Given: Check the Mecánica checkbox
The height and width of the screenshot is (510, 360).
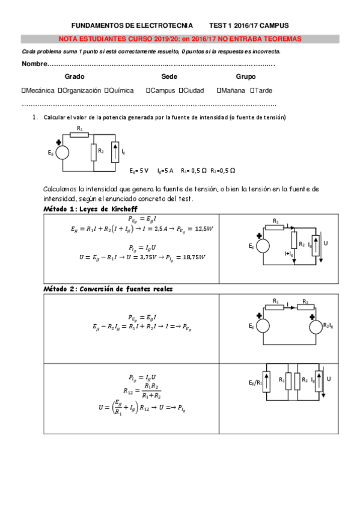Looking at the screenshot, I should pos(23,90).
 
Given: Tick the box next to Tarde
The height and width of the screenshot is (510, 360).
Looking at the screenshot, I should pos(252,90).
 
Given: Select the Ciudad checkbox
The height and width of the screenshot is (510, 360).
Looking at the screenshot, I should pos(180,90).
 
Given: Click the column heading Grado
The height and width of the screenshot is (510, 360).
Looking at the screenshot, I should pos(74,76).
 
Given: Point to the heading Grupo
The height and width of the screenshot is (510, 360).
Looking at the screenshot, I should pos(245,76).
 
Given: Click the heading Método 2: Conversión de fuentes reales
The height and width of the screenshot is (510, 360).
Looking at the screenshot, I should pos(108,289).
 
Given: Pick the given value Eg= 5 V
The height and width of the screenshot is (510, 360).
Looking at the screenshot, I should pos(139,170).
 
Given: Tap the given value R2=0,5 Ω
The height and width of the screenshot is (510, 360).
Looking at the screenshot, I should pos(223,170).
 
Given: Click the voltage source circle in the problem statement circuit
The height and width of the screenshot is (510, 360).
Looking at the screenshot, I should pos(59,153).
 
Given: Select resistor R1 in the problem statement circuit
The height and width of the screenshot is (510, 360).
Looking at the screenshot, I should pos(79,134).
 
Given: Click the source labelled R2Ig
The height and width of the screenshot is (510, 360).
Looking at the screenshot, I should pos(316,326).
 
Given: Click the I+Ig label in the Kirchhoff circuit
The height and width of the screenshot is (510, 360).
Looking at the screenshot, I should pos(287,254).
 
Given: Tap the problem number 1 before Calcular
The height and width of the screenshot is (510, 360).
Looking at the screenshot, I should pos(34,117).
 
